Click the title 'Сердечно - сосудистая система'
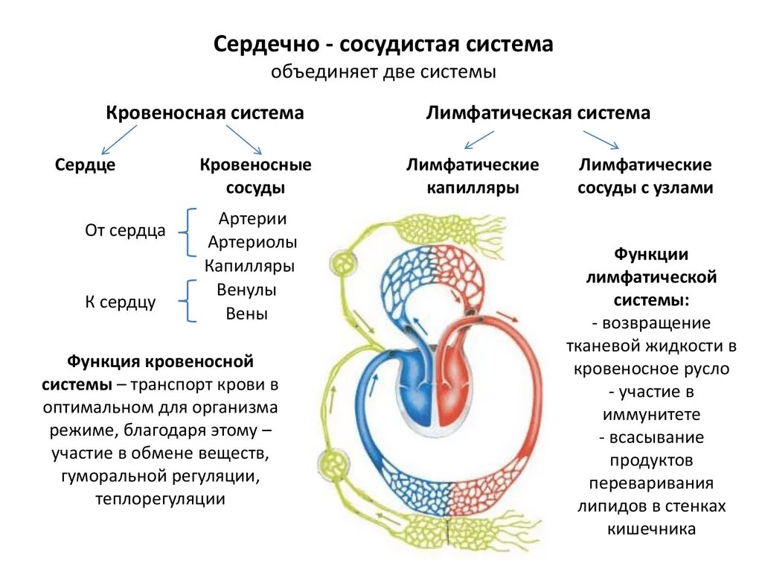[383, 45]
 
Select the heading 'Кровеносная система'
[205, 113]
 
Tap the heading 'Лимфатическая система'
[538, 113]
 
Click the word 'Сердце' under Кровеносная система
[85, 165]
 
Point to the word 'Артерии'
[253, 219]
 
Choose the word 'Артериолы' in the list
[252, 242]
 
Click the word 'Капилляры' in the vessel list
[250, 266]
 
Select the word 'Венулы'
[247, 290]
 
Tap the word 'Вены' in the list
[247, 314]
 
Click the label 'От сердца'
[125, 231]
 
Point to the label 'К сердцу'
[120, 302]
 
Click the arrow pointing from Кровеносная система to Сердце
[118, 139]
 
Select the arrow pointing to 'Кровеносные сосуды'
[243, 139]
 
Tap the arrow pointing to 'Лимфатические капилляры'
[479, 139]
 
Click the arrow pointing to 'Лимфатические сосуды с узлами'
[601, 139]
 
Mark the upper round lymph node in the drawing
[343, 264]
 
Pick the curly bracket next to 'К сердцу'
[189, 301]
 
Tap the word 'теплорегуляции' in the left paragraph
[160, 499]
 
